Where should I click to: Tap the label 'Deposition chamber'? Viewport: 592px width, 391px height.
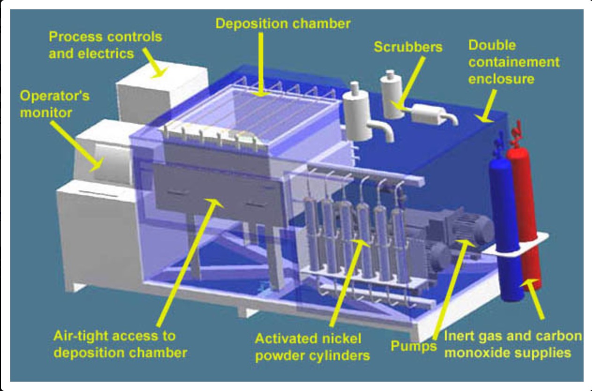[x=283, y=23]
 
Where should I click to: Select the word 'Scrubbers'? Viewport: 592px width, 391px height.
[x=408, y=47]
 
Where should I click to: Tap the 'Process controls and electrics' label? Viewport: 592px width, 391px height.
[x=105, y=45]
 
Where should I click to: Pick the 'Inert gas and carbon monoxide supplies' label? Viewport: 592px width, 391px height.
[x=512, y=344]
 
